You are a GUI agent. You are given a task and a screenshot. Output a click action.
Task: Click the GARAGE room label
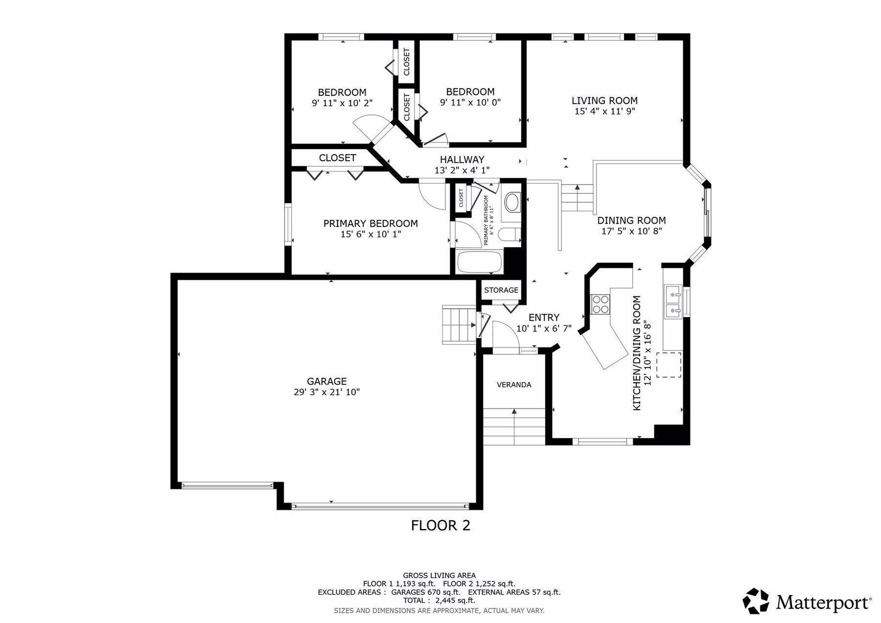327,381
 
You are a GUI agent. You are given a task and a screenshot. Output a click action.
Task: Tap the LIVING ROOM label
604,101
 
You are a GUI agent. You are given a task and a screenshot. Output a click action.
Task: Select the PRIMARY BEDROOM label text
371,224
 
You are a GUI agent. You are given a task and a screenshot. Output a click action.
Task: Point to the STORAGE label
501,290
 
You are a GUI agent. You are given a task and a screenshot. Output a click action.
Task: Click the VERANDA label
514,385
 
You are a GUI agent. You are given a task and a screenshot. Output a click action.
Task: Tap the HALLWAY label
462,160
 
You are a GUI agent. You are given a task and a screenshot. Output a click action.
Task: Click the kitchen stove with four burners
601,304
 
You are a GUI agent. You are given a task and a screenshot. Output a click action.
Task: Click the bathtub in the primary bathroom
480,263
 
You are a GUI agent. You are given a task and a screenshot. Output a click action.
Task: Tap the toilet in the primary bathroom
510,234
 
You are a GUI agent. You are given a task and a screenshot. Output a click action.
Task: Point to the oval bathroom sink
512,203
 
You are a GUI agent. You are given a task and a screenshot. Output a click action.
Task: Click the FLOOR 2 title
440,526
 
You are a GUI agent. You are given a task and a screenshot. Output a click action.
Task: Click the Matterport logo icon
756,601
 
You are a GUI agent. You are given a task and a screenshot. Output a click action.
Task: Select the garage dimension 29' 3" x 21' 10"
327,392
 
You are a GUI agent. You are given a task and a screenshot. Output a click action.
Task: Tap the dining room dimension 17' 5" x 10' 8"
631,231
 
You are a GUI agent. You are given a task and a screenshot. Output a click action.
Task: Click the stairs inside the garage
459,324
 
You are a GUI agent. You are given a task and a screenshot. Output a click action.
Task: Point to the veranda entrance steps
514,427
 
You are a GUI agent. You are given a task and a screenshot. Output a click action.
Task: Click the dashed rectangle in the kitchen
669,365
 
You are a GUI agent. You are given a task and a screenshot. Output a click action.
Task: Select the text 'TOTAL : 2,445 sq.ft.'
439,600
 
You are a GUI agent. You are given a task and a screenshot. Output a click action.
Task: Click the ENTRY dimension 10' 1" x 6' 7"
544,328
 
